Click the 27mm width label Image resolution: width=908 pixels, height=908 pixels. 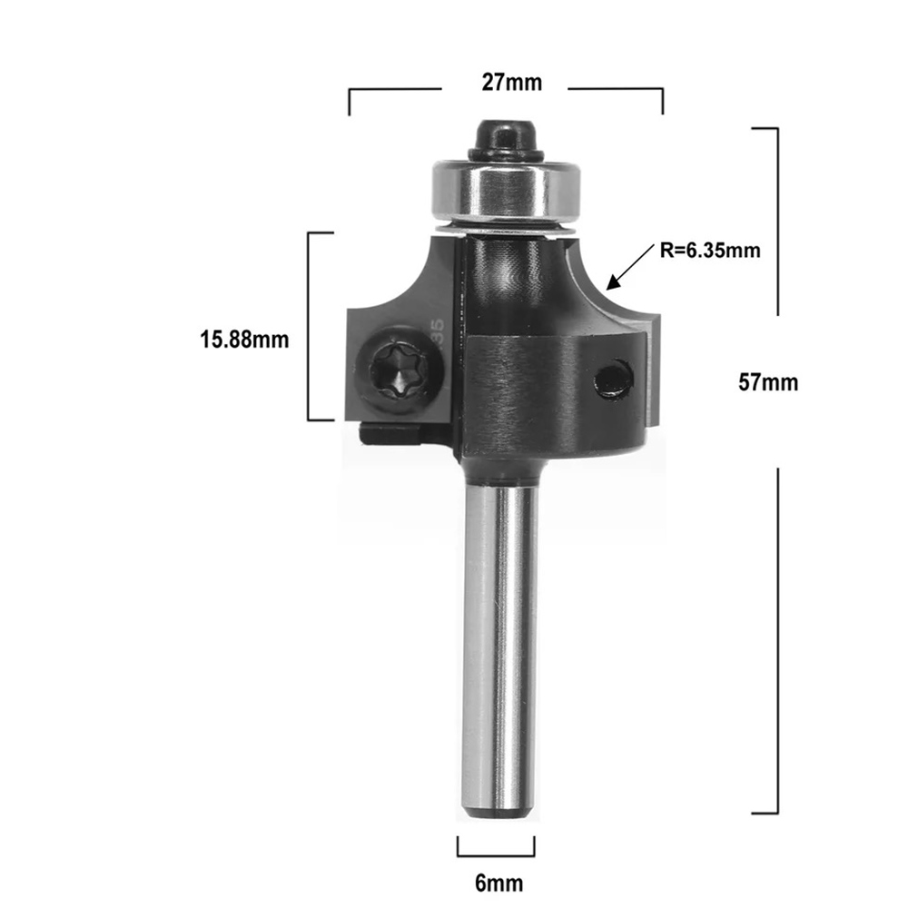[x=512, y=83]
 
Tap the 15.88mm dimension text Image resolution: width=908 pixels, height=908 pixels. [x=244, y=340]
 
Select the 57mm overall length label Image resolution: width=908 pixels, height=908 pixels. [x=768, y=382]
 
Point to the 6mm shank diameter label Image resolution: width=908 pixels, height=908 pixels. [x=499, y=883]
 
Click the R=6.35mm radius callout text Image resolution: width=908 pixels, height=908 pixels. [x=711, y=251]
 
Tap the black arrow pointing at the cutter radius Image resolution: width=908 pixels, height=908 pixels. [x=630, y=266]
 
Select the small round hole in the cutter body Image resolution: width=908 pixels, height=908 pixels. [x=613, y=380]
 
